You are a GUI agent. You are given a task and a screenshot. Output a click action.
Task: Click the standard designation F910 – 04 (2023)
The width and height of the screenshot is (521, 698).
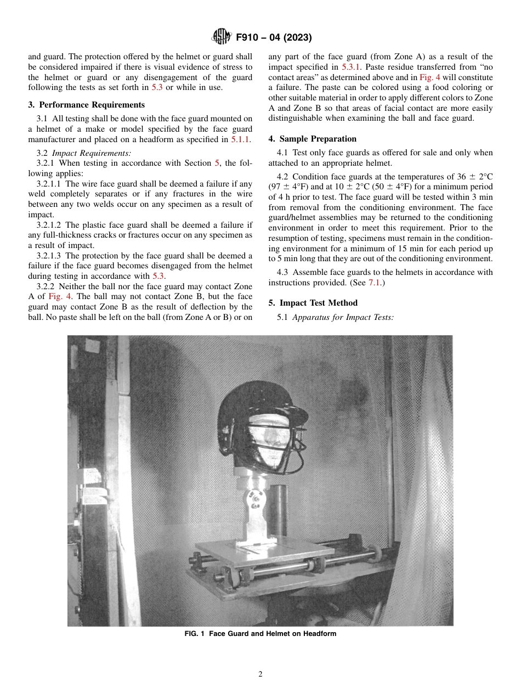pyautogui.click(x=274, y=38)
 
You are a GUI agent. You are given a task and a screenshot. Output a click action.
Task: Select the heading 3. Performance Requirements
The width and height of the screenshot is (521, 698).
pyautogui.click(x=86, y=105)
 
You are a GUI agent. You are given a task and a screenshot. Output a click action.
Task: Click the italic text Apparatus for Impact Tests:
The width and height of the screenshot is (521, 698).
pyautogui.click(x=343, y=317)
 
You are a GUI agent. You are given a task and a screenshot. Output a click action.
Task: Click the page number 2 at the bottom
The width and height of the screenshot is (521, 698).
pyautogui.click(x=260, y=674)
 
